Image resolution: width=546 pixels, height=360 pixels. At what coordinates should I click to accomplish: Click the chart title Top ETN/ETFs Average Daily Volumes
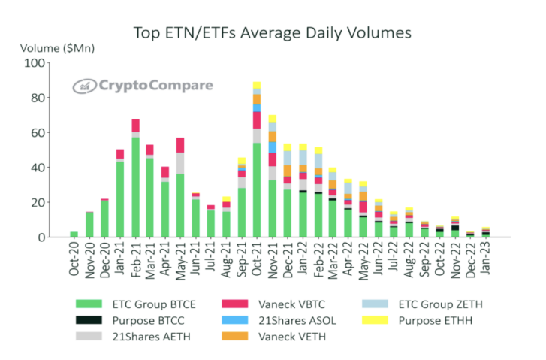pyautogui.click(x=273, y=32)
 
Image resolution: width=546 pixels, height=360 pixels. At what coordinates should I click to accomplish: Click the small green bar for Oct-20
pyautogui.click(x=74, y=234)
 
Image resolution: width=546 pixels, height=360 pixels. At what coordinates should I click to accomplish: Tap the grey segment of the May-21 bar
pyautogui.click(x=180, y=163)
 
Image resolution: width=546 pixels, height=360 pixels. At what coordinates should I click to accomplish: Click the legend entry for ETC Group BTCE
pyautogui.click(x=135, y=304)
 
